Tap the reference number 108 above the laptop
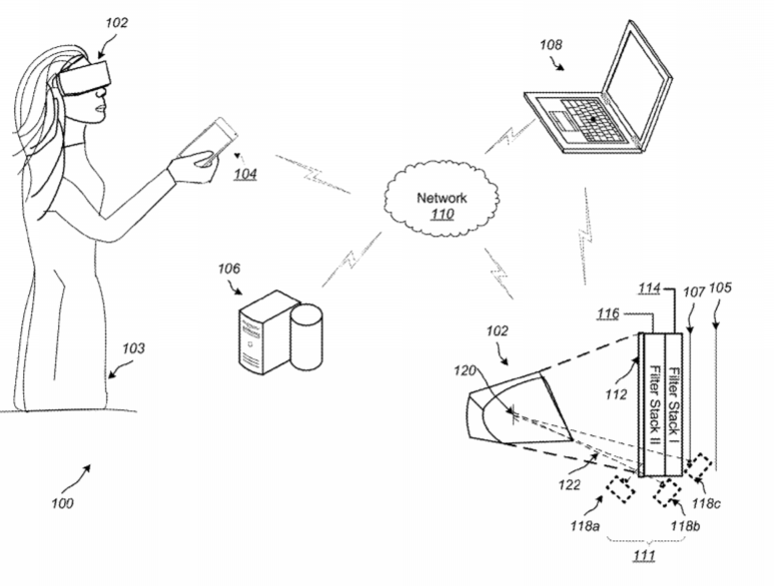(551, 44)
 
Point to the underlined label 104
(245, 174)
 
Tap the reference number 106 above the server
(228, 268)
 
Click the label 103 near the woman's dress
(133, 348)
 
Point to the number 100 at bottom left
(62, 503)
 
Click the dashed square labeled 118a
(622, 489)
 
